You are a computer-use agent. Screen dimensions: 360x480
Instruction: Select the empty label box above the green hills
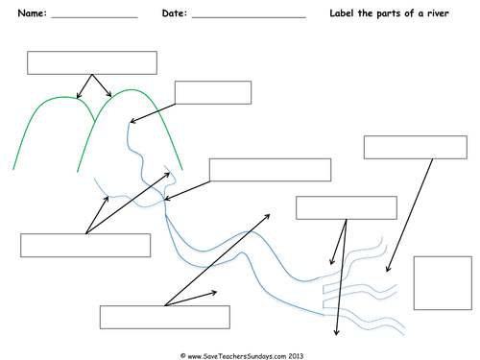[92, 62]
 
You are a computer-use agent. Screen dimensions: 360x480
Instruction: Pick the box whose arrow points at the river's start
[212, 92]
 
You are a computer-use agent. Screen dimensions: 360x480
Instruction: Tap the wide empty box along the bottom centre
[165, 318]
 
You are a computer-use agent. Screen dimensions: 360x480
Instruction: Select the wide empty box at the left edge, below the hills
[85, 245]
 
